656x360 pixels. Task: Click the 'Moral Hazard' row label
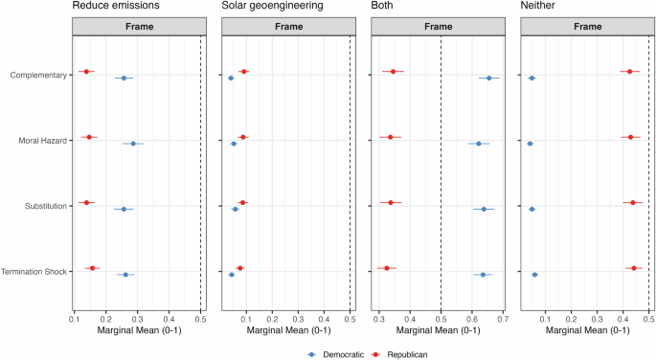(42, 141)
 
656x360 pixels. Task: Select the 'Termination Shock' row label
(34, 272)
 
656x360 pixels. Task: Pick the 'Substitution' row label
(44, 206)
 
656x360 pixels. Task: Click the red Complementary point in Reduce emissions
(86, 72)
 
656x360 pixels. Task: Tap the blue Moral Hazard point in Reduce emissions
(133, 144)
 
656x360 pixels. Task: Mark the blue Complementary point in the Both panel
(489, 78)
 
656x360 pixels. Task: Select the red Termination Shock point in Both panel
(387, 268)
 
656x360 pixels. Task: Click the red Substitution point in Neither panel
(633, 203)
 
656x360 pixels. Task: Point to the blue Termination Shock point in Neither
(534, 275)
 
